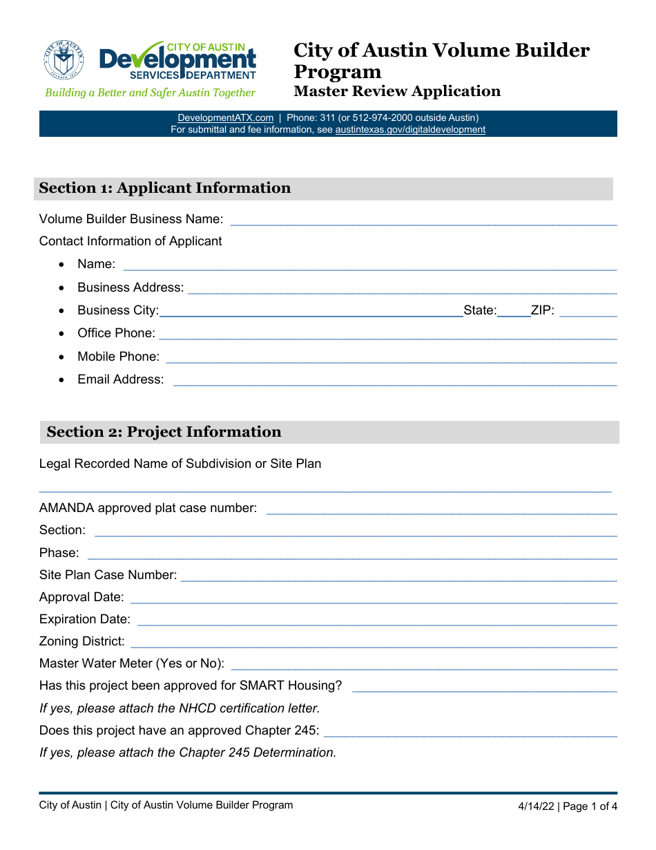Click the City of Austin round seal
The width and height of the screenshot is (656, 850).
pos(64,59)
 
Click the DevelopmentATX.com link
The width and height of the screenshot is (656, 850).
pos(225,117)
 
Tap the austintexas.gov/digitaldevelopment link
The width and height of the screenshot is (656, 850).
pos(410,129)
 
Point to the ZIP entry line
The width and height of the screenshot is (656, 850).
pos(588,314)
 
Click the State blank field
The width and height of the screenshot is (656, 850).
pos(514,314)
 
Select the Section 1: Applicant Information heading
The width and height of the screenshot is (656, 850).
pos(165,188)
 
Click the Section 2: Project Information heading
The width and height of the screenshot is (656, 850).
pos(164,432)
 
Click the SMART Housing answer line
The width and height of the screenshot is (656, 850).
pos(484,689)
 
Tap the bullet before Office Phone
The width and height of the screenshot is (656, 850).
pos(63,334)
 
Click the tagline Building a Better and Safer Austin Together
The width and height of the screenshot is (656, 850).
pos(150,93)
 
